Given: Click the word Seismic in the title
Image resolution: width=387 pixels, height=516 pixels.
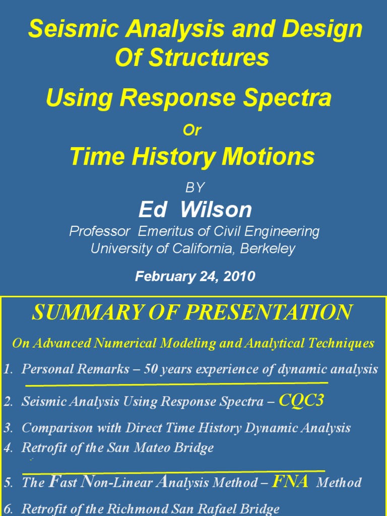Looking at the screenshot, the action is (74, 28).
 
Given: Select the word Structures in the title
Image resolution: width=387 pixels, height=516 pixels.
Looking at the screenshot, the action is (209, 57).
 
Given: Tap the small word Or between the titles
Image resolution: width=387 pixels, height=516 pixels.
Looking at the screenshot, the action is (192, 130).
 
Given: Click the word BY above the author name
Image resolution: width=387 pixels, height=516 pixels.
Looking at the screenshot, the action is (195, 187).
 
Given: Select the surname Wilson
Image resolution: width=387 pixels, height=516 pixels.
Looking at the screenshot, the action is (216, 209).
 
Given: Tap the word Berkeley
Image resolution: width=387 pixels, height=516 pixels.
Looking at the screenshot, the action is (268, 248).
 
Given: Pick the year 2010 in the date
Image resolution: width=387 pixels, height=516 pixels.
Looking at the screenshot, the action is (239, 276).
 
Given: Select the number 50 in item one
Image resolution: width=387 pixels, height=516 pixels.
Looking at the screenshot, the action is (151, 369).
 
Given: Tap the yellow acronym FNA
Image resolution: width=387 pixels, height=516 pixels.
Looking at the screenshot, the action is (290, 482).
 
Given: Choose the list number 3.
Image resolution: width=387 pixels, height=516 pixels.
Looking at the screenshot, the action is (8, 428).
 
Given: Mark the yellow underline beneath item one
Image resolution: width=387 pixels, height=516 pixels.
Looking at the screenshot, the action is (177, 383).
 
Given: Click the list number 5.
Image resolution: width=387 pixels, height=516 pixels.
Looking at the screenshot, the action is (8, 483).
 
